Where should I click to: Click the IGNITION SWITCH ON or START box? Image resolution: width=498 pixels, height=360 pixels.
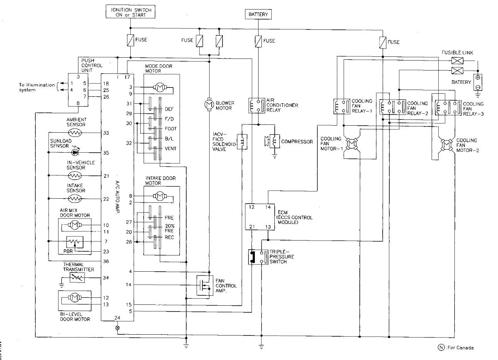coord(130,12)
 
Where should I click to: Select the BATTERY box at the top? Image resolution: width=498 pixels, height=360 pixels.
coord(258,15)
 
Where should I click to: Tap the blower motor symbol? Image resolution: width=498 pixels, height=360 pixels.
coord(209,104)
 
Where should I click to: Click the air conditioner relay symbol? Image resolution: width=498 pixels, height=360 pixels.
coord(256,106)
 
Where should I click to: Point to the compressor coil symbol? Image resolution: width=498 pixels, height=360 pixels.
coord(274,141)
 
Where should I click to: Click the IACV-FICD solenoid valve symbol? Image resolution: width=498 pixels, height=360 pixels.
coord(242,141)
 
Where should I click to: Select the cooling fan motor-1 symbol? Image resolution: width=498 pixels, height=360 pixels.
coord(351,144)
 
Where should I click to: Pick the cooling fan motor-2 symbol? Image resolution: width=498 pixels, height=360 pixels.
coord(446,145)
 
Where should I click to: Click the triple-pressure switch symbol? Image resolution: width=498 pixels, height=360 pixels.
coord(258,257)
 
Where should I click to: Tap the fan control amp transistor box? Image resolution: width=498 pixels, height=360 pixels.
coord(205,286)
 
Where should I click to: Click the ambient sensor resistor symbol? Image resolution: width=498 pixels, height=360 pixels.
coord(75,133)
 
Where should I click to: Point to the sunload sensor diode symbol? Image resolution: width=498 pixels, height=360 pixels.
coord(75,153)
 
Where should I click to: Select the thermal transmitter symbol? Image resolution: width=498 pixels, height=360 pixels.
coord(77,277)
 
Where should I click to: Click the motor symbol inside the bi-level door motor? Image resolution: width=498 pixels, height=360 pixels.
coord(75,297)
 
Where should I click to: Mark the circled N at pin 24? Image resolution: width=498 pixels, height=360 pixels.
coord(117,328)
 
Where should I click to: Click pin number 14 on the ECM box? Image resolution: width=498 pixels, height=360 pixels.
coord(268,207)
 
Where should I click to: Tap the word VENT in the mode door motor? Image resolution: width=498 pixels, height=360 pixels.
coord(170,148)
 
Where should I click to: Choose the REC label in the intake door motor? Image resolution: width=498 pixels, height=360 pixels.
coord(169,237)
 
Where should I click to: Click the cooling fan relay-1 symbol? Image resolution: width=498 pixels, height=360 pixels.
coord(342,107)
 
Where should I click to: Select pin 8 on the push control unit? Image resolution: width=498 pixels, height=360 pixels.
coord(78,103)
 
